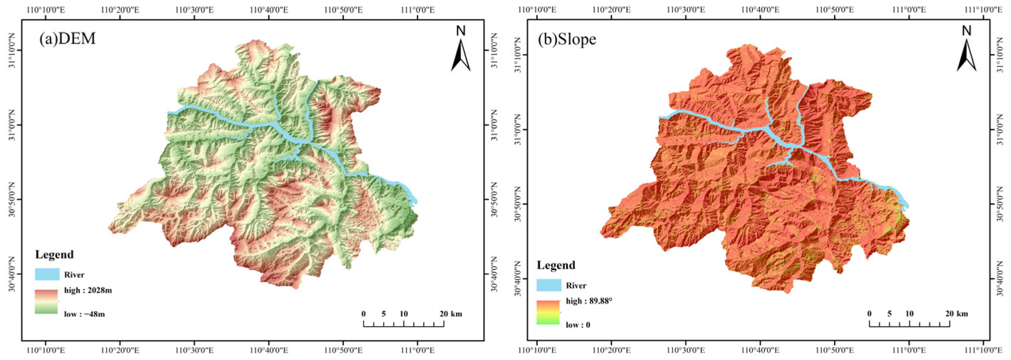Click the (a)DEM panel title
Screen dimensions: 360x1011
(67, 39)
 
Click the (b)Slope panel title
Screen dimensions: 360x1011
(567, 39)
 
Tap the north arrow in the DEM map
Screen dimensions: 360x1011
(461, 49)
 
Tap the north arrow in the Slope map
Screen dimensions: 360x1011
(966, 49)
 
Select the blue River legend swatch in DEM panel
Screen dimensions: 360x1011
(47, 274)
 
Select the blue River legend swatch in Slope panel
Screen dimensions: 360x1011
(549, 285)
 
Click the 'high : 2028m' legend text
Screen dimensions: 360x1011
(88, 290)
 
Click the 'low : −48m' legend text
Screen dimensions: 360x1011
(84, 314)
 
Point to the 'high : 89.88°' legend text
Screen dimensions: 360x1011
(589, 301)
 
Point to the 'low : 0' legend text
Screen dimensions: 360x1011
(578, 325)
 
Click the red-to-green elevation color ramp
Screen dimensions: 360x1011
(46, 301)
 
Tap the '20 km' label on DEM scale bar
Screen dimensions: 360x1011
(451, 314)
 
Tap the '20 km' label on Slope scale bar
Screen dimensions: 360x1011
(956, 314)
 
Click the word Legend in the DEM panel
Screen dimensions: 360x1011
(54, 255)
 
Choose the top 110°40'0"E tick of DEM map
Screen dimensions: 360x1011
(269, 10)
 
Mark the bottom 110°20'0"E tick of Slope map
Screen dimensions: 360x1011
(611, 350)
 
